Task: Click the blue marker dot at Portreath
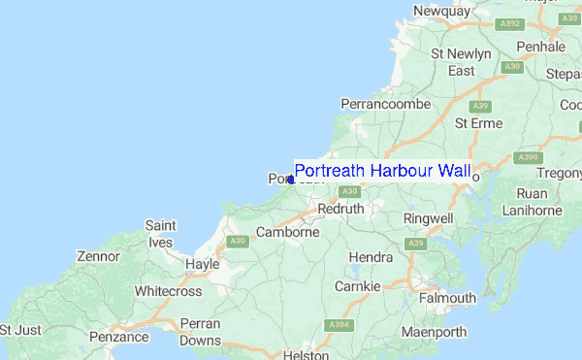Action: [291, 180]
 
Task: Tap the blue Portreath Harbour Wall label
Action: [381, 172]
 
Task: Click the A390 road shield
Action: [528, 156]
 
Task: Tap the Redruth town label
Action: [340, 209]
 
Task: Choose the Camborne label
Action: [288, 232]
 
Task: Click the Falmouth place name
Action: [447, 298]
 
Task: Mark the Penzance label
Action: [119, 337]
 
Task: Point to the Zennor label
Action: [99, 257]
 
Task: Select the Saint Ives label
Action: [160, 233]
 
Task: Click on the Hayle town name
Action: [203, 263]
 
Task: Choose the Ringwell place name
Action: [429, 219]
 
